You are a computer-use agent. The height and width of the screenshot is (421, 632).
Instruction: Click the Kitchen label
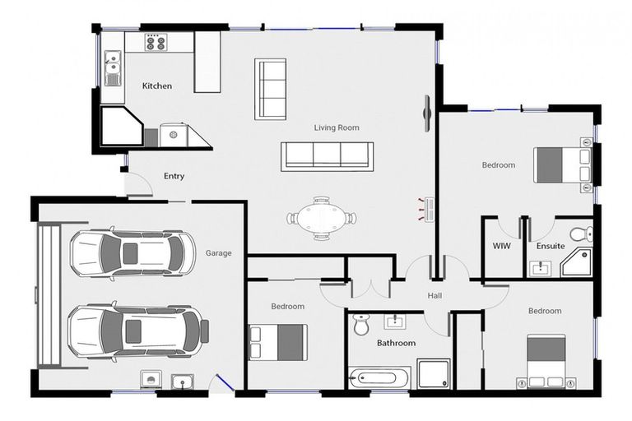(x=156, y=86)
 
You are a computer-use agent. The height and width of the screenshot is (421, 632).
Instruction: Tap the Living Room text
(x=337, y=127)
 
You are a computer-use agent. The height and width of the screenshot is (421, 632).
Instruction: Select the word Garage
(x=218, y=253)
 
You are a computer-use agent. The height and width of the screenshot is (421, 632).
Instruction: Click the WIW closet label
(x=501, y=246)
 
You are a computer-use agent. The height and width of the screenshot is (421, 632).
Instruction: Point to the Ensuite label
(x=551, y=246)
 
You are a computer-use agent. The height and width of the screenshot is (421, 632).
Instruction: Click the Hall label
(x=435, y=296)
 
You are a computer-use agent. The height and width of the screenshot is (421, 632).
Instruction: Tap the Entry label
(x=174, y=176)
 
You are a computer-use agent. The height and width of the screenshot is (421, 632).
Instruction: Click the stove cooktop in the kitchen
(x=156, y=43)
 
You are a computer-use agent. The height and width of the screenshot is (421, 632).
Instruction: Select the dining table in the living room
(x=322, y=218)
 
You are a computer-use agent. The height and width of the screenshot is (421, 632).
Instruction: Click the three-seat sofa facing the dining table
(x=327, y=155)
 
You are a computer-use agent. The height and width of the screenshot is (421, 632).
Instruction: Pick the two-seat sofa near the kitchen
(x=270, y=89)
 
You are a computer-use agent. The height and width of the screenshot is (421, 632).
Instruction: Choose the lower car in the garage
(x=137, y=331)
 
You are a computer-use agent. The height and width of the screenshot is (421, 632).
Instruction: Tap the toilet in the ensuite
(x=580, y=234)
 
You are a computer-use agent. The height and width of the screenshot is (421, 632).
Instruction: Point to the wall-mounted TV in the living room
(x=428, y=113)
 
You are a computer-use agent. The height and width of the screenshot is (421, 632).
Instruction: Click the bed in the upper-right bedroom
(x=562, y=164)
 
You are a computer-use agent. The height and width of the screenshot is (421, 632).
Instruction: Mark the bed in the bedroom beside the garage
(x=278, y=342)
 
